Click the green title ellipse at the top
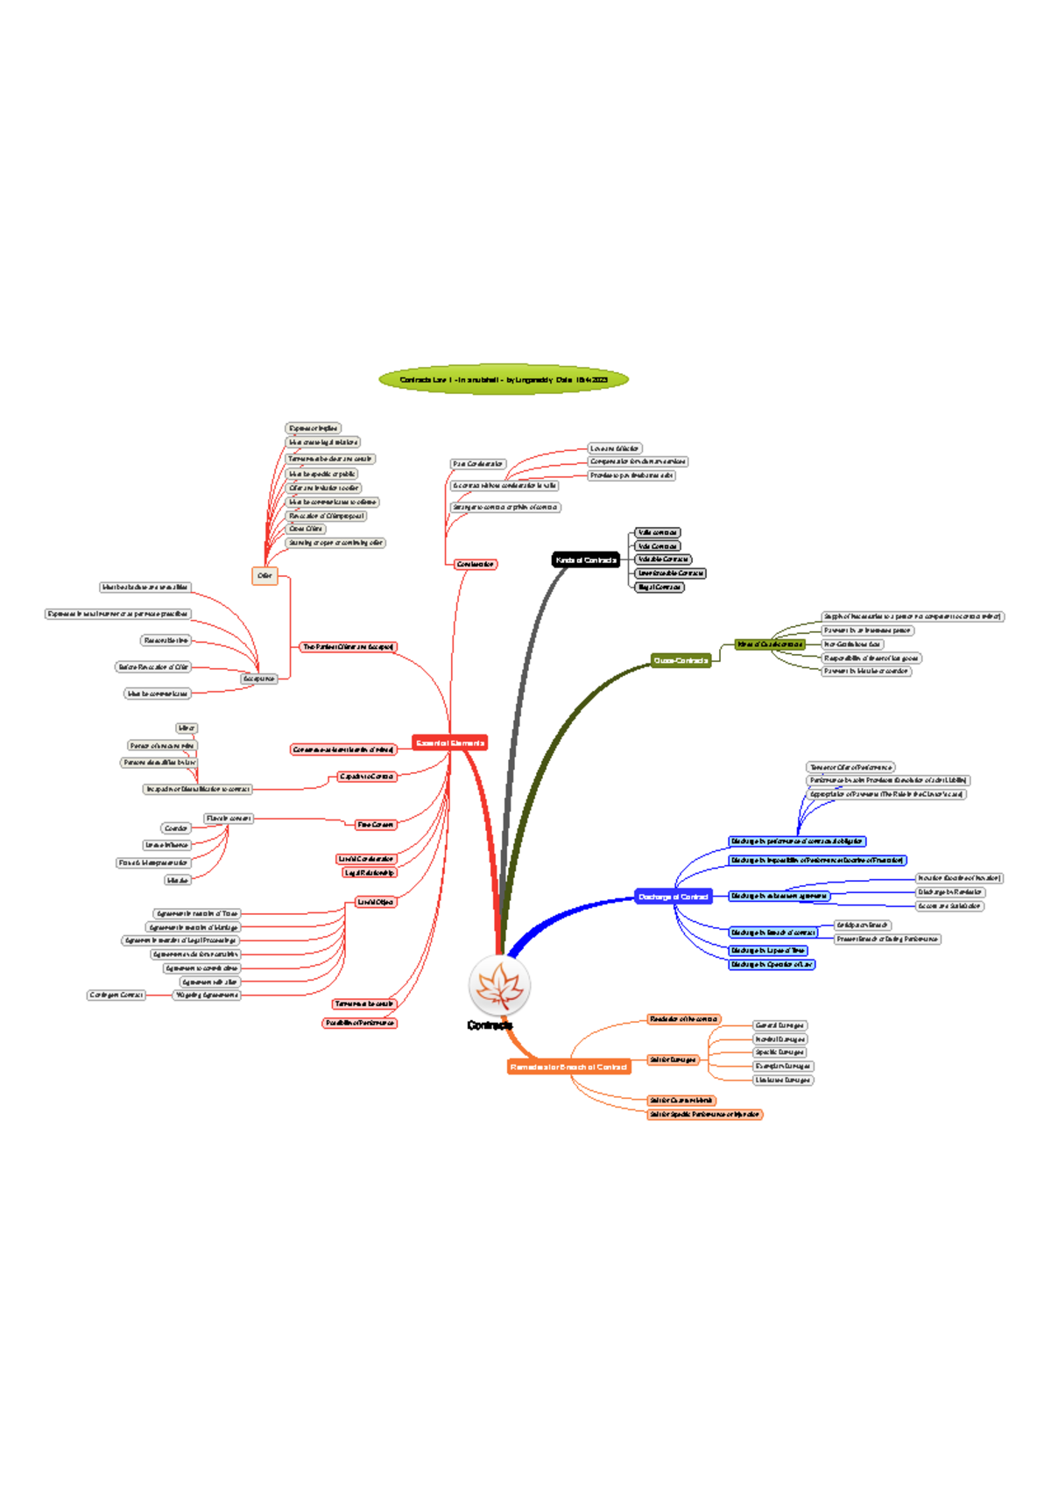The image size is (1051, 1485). pos(504,380)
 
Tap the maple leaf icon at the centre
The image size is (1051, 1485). pos(499,985)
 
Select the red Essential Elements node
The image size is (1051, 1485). pos(449,742)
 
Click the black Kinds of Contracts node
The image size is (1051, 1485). pos(586,560)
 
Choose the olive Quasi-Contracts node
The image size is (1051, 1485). pos(681,660)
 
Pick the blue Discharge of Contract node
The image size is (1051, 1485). pos(673,897)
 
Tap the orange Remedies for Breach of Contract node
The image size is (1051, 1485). pos(568,1066)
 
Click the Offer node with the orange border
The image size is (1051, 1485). pos(265,575)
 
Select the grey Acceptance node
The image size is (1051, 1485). pos(258,679)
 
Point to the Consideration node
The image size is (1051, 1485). pos(475,564)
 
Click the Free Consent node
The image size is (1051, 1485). pos(375,825)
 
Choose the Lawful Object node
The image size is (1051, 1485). pos(375,902)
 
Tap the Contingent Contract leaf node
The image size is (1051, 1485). pos(116,995)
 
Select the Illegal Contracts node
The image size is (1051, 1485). pos(660,587)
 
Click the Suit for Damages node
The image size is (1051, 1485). pos(673,1059)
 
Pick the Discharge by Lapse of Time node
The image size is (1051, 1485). pos(768,950)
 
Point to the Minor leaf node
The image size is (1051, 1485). pos(187,728)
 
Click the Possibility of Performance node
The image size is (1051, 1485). pos(359,1023)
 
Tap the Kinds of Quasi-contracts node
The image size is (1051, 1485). pos(769,644)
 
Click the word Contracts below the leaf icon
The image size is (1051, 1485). pos(490,1025)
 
